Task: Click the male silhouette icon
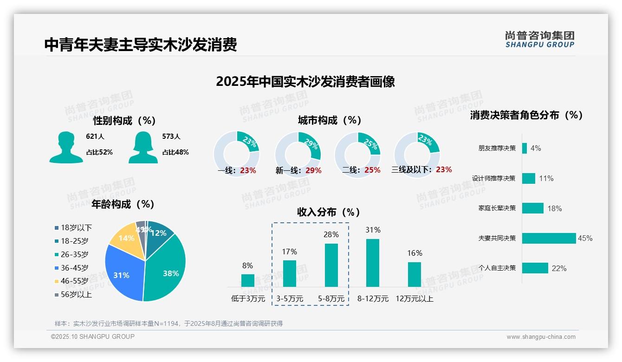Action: [x=66, y=147]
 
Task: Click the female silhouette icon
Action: [x=143, y=147]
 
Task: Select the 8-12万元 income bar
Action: [x=373, y=263]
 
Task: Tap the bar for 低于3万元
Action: [x=248, y=280]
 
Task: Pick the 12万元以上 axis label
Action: [x=414, y=299]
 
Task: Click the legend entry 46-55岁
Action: [x=74, y=281]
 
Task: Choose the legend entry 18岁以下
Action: [x=76, y=227]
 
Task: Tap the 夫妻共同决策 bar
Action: [x=549, y=238]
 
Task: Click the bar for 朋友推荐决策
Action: [x=525, y=148]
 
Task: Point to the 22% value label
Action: [x=559, y=268]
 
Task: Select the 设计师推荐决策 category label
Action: [x=493, y=178]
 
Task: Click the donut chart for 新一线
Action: [x=298, y=155]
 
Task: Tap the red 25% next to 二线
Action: [x=372, y=170]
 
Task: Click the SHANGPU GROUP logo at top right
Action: [x=540, y=39]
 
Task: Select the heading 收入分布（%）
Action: [x=329, y=212]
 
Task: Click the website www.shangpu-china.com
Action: [x=541, y=337]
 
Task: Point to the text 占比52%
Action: [x=99, y=152]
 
